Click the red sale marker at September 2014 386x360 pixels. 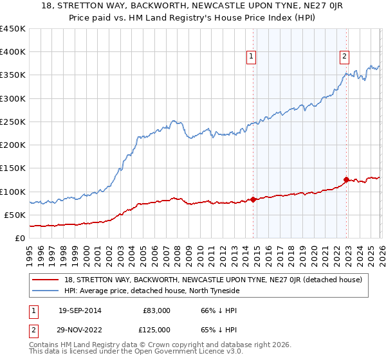point(253,199)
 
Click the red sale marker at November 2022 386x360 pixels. point(346,179)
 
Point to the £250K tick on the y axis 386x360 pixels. point(13,122)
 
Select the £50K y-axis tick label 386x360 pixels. point(15,215)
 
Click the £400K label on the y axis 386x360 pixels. point(13,52)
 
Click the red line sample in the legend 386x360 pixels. point(46,280)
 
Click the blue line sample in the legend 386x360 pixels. point(46,291)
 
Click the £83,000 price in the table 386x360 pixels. point(157,310)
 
